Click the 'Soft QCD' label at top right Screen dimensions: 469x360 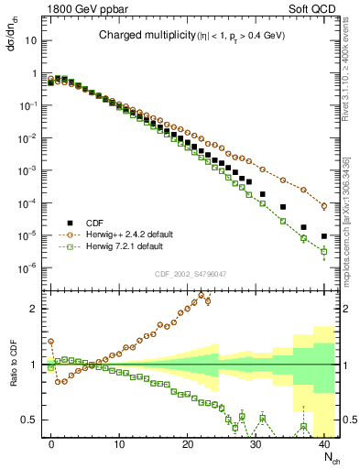(x=311, y=8)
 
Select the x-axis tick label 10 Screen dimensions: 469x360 (x=119, y=443)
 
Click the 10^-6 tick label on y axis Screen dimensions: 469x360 (x=31, y=268)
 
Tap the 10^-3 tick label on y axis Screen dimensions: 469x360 (x=31, y=171)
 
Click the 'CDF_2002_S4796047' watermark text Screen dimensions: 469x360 (x=190, y=275)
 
